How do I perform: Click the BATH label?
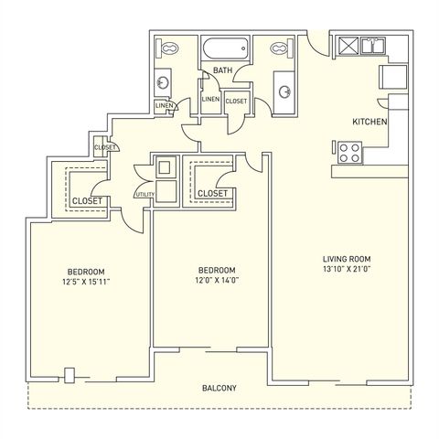[x=221, y=70]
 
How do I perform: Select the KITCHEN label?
[x=370, y=122]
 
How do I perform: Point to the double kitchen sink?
[x=374, y=46]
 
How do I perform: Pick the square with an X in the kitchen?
[x=348, y=46]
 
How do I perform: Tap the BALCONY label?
[x=219, y=389]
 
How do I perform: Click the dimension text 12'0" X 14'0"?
[x=218, y=282]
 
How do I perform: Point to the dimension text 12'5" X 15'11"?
[x=87, y=282]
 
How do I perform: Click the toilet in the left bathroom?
[x=170, y=50]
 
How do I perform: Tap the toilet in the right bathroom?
[x=274, y=50]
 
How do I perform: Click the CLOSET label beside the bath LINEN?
[x=236, y=102]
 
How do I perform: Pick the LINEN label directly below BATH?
[x=210, y=99]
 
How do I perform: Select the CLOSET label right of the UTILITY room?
[x=212, y=194]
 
